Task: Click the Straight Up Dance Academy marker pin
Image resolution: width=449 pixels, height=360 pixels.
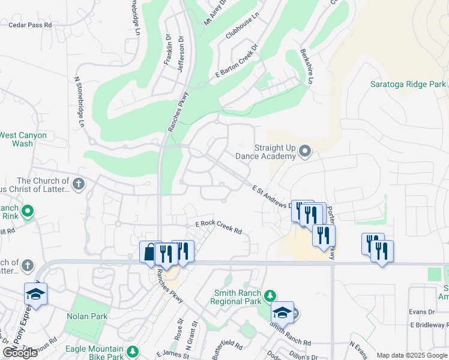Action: click(x=304, y=151)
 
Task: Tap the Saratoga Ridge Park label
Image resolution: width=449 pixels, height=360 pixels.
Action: click(x=408, y=85)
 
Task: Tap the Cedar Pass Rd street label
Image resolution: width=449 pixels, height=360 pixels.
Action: click(x=30, y=25)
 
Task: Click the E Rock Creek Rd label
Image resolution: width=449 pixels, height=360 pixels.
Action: click(x=218, y=227)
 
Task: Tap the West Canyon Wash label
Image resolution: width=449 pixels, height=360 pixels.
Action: click(x=23, y=139)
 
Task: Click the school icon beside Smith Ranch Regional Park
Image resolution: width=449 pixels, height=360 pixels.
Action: click(x=283, y=312)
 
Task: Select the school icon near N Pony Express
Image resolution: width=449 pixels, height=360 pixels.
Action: click(x=35, y=295)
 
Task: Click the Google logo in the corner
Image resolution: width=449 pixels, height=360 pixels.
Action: click(x=20, y=353)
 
